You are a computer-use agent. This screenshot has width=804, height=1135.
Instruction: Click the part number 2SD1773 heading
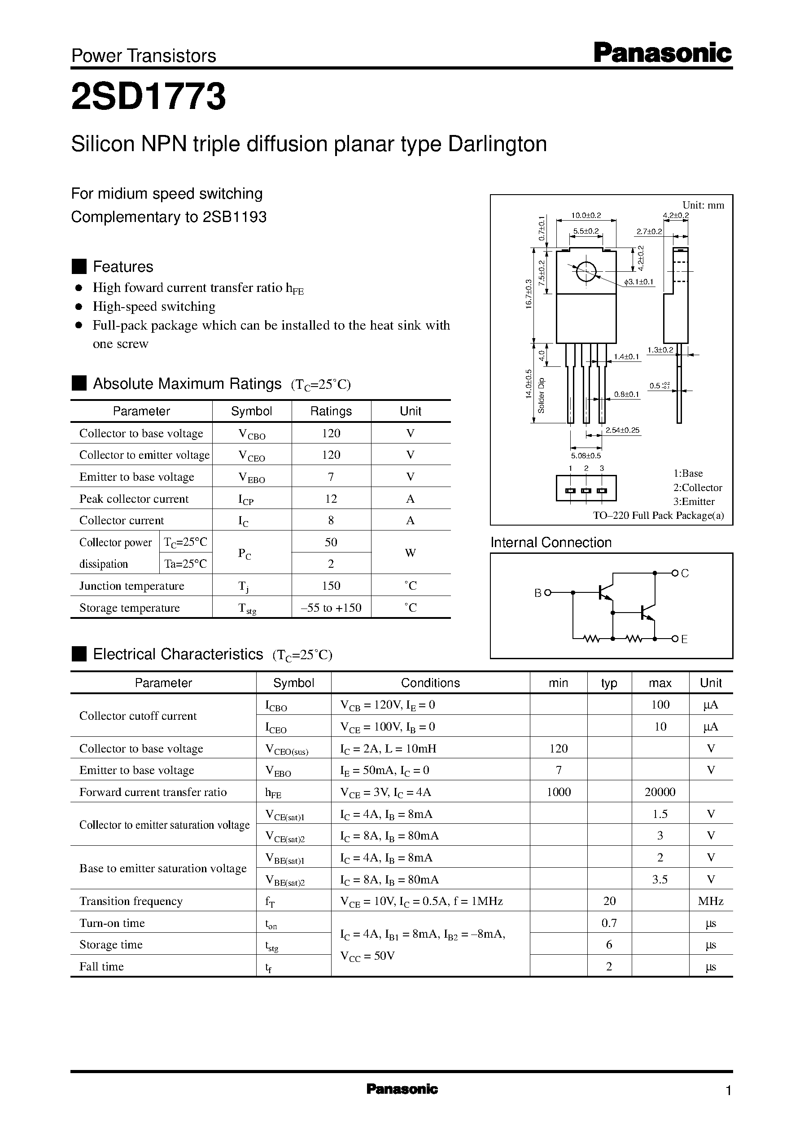pyautogui.click(x=149, y=96)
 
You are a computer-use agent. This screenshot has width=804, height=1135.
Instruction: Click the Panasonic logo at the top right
pyautogui.click(x=662, y=53)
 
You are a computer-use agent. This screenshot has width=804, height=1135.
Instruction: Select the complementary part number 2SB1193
pyautogui.click(x=234, y=217)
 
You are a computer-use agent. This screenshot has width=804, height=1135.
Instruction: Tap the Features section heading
pyautogui.click(x=123, y=267)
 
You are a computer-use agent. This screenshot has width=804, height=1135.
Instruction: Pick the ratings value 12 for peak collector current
pyautogui.click(x=331, y=499)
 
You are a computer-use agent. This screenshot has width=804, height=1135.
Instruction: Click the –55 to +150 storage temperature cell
pyautogui.click(x=331, y=608)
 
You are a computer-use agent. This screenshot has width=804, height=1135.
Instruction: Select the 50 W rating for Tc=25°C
pyautogui.click(x=331, y=542)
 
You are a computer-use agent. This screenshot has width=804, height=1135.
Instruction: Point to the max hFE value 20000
pyautogui.click(x=660, y=792)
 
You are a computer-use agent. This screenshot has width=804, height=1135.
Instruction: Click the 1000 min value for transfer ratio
pyautogui.click(x=559, y=792)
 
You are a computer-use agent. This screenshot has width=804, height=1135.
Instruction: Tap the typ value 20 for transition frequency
pyautogui.click(x=609, y=901)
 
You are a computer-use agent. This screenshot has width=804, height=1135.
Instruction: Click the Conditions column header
pyautogui.click(x=430, y=683)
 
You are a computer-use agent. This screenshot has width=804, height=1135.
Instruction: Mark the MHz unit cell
pyautogui.click(x=710, y=901)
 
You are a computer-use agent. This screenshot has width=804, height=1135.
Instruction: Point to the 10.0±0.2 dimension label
pyautogui.click(x=586, y=215)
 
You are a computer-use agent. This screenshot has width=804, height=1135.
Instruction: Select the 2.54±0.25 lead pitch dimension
pyautogui.click(x=622, y=431)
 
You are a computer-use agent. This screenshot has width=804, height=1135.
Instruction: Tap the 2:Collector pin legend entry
pyautogui.click(x=697, y=487)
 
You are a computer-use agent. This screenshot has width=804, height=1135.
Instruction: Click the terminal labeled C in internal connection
pyautogui.click(x=685, y=573)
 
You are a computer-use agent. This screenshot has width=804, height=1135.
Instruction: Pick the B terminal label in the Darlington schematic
pyautogui.click(x=538, y=593)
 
